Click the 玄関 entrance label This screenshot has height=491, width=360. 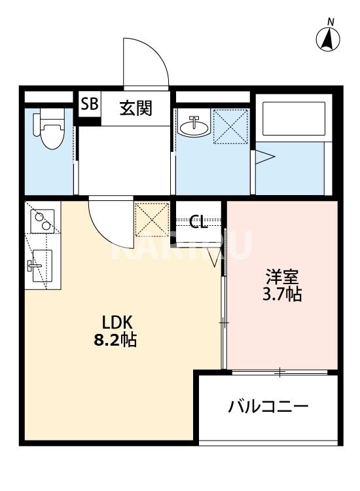[135, 107]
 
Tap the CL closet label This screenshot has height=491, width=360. [198, 221]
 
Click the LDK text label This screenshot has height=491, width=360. [117, 322]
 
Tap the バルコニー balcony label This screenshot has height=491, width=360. [268, 407]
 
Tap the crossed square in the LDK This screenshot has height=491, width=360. [151, 219]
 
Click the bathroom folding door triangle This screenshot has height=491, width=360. [264, 157]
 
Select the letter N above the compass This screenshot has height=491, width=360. [331, 22]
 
